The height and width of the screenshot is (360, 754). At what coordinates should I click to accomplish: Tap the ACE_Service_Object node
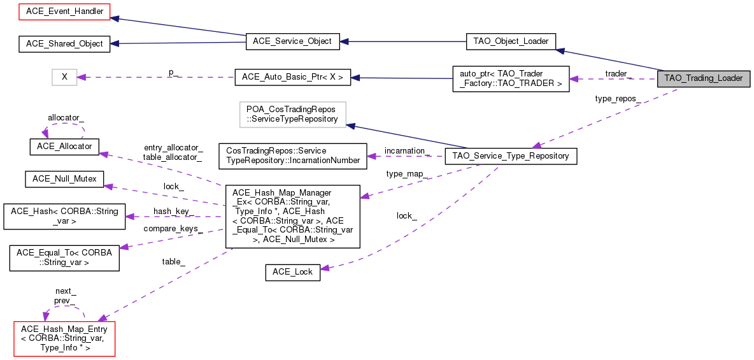pos(292,41)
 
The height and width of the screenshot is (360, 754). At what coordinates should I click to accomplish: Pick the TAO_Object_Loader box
pos(511,41)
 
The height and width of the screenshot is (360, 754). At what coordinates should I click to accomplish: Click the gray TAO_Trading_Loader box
pos(703,78)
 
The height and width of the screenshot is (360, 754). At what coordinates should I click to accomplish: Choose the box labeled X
pos(64,77)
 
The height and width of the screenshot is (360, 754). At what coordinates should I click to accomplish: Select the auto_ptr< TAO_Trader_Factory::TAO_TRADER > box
pos(510,78)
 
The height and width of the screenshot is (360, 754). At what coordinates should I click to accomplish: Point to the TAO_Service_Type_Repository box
pos(511,155)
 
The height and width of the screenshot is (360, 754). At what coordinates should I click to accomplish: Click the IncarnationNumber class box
pos(292,156)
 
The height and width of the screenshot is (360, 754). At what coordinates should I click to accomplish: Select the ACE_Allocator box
pos(61,146)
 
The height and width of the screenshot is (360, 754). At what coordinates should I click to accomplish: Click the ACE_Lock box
pos(292,271)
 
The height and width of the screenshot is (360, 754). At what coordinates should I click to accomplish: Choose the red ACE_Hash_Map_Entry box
pos(64,338)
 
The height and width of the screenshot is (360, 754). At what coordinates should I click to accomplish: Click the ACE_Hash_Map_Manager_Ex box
pos(292,216)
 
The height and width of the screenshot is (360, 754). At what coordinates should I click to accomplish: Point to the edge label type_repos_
pos(617,99)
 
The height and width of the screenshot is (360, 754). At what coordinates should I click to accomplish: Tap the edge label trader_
pos(618,74)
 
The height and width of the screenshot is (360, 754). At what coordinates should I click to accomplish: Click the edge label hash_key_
pos(173,212)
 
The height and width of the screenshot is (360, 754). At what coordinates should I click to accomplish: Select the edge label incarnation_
pos(408,150)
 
